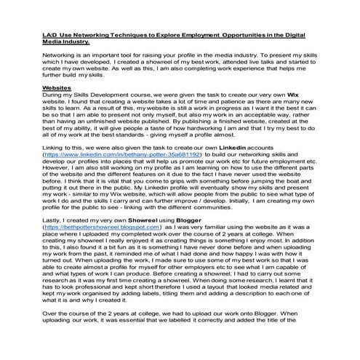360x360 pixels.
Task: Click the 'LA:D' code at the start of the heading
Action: pos(51,34)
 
